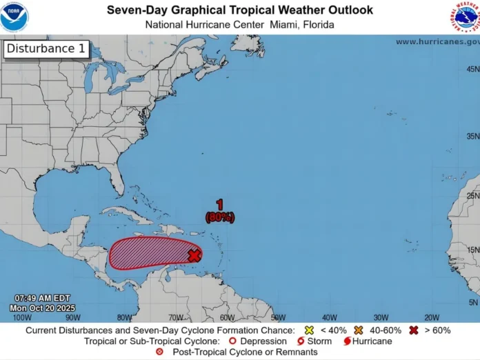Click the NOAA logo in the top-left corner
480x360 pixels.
pyautogui.click(x=14, y=17)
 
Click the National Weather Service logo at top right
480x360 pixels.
pyautogui.click(x=466, y=17)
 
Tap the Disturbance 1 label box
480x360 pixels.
pyautogui.click(x=46, y=49)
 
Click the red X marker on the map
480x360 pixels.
pyautogui.click(x=194, y=255)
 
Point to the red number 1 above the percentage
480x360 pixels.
pyautogui.click(x=219, y=205)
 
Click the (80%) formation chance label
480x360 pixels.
pyautogui.click(x=219, y=217)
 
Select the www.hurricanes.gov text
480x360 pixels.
pyautogui.click(x=437, y=41)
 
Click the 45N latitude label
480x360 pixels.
pyautogui.click(x=472, y=69)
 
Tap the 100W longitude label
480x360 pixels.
pyautogui.click(x=23, y=317)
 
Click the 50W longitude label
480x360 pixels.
pyautogui.click(x=278, y=317)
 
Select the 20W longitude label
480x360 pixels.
pyautogui.click(x=432, y=317)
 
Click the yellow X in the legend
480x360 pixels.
pyautogui.click(x=309, y=330)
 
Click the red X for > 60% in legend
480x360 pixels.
pyautogui.click(x=413, y=330)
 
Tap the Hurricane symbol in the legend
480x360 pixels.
pyautogui.click(x=347, y=341)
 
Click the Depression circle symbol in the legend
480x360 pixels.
pyautogui.click(x=233, y=341)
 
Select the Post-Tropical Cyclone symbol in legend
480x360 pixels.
pyautogui.click(x=160, y=352)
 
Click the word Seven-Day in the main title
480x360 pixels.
pyautogui.click(x=136, y=10)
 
